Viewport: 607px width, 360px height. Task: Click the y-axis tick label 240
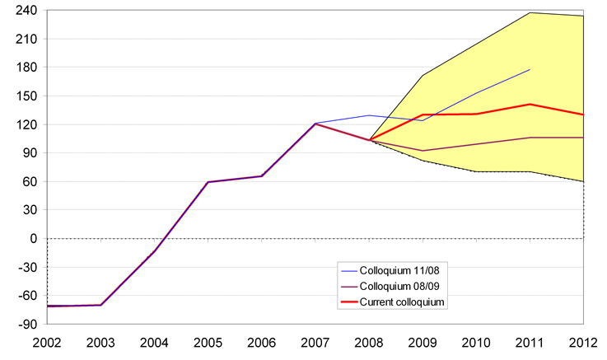click(26, 11)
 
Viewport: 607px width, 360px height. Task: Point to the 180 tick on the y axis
click(26, 68)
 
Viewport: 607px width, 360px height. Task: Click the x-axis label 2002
click(47, 342)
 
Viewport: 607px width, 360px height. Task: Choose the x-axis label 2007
click(315, 342)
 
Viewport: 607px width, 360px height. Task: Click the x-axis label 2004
click(155, 342)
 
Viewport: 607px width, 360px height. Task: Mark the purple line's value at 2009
click(423, 151)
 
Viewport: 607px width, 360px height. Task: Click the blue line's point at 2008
click(369, 115)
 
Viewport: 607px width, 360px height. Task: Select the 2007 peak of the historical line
click(315, 124)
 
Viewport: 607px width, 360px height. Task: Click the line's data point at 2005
click(208, 182)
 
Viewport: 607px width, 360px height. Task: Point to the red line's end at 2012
click(583, 115)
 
